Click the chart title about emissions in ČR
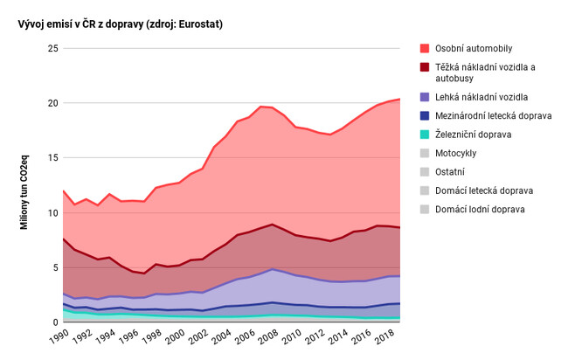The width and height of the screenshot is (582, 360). (120, 24)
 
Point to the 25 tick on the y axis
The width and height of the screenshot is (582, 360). (52, 49)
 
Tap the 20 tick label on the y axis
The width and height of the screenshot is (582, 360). (52, 103)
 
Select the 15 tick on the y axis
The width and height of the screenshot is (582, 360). (52, 158)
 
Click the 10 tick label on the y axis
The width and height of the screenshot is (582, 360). (52, 213)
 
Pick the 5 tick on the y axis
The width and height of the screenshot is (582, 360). (54, 268)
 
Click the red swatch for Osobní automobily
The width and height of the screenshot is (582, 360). (425, 48)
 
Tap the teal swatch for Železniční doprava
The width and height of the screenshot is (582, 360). (425, 135)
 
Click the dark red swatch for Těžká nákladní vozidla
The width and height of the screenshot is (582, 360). (425, 66)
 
